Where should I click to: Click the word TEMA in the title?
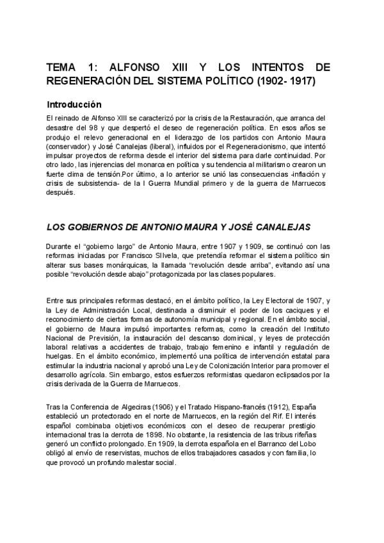[x=63, y=68]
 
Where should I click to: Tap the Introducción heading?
[x=74, y=104]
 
